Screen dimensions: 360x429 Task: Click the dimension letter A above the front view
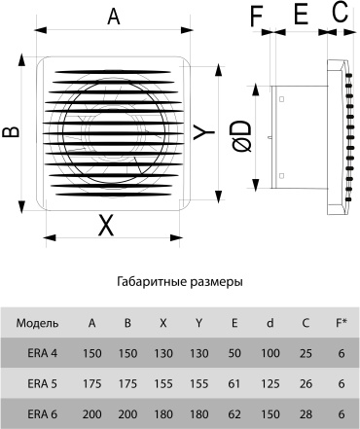pyautogui.click(x=114, y=17)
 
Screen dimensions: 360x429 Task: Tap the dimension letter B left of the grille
pyautogui.click(x=12, y=132)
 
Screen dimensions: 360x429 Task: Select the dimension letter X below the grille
pyautogui.click(x=106, y=226)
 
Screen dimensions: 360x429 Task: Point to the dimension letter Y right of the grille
pyautogui.click(x=204, y=131)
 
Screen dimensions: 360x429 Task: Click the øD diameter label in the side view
pyautogui.click(x=242, y=136)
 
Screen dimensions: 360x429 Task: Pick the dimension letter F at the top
pyautogui.click(x=256, y=16)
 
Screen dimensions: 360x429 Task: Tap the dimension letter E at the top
pyautogui.click(x=301, y=15)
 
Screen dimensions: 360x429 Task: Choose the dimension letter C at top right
pyautogui.click(x=341, y=13)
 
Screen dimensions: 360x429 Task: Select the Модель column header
pyautogui.click(x=38, y=323)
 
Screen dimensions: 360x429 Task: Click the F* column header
pyautogui.click(x=341, y=323)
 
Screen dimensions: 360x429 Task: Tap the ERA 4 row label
pyautogui.click(x=43, y=353)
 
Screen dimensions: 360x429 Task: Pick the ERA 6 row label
pyautogui.click(x=43, y=414)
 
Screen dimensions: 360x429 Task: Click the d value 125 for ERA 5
pyautogui.click(x=270, y=384)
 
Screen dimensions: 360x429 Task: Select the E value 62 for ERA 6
pyautogui.click(x=234, y=414)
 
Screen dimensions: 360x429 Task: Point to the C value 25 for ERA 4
pyautogui.click(x=306, y=353)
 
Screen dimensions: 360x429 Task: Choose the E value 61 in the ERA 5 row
pyautogui.click(x=234, y=384)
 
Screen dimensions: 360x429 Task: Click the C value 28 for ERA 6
pyautogui.click(x=306, y=414)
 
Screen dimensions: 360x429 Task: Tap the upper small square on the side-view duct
pyautogui.click(x=281, y=99)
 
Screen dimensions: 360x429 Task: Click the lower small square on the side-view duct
pyautogui.click(x=281, y=176)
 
